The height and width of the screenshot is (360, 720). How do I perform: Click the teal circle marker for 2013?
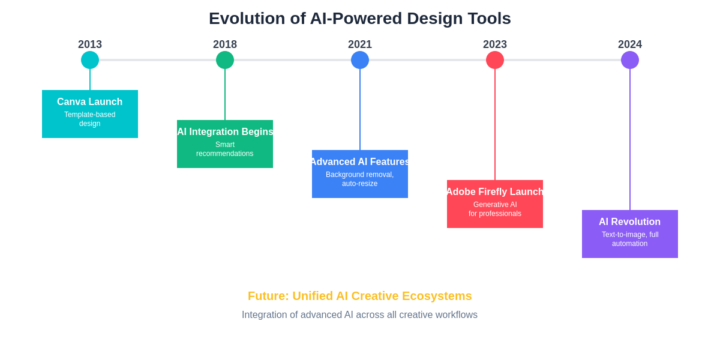coord(90,60)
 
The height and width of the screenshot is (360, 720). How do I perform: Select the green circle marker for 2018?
coord(225,60)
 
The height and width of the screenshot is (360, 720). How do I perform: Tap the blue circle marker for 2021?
coord(360,60)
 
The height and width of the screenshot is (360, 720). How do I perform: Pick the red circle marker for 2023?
coord(495,60)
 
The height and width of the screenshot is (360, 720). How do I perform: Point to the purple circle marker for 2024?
coord(630,60)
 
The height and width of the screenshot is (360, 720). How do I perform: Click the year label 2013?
coord(90,44)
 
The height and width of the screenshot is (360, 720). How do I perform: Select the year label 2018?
coord(225,44)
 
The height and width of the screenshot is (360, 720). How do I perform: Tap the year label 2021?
coord(360,44)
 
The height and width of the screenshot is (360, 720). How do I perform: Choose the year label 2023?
coord(495,44)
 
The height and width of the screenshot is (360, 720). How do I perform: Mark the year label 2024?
coord(630,44)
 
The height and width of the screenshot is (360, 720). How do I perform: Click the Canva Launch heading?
coord(89,102)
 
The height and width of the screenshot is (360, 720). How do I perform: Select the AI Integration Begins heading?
coord(225,132)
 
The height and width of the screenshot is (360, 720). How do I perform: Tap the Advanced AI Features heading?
coord(360,161)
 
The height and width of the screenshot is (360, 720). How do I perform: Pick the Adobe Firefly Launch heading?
coord(495,191)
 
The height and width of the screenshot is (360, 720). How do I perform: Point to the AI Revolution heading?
coord(629,222)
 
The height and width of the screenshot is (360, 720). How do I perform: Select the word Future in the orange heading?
coord(268,296)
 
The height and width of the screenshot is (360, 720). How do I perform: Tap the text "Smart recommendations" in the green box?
coord(224,149)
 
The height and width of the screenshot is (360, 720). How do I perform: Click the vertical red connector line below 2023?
coord(495,125)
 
